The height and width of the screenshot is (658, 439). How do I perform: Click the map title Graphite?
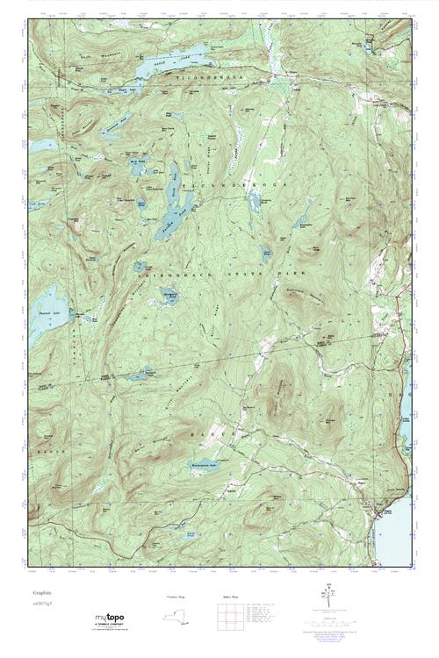[x=40, y=594]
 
